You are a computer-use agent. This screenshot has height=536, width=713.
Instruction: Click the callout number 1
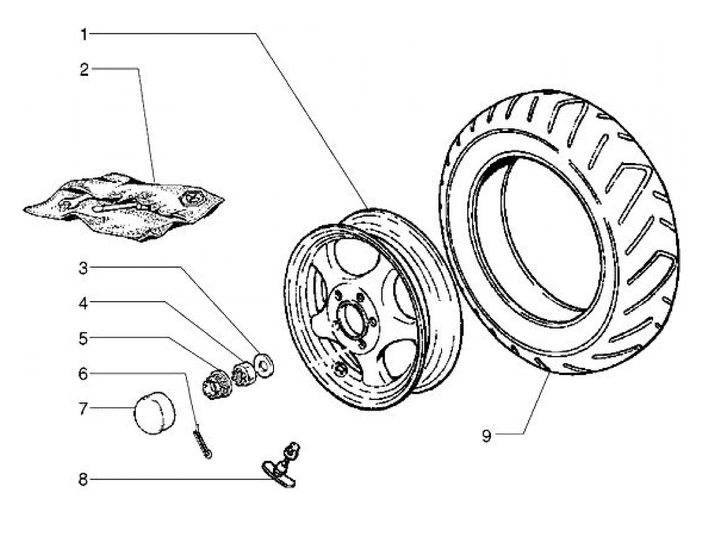(84, 35)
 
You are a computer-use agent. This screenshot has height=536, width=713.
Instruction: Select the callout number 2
(84, 70)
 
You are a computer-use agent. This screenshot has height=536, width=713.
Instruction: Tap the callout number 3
(84, 269)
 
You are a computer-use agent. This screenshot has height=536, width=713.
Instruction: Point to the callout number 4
(84, 304)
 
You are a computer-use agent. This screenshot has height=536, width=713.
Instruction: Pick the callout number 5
(84, 339)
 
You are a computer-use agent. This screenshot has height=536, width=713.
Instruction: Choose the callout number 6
(83, 374)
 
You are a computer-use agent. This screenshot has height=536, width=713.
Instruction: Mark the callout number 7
(84, 409)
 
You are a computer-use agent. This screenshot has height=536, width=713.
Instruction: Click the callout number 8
(83, 479)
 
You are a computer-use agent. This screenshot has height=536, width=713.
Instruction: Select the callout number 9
(486, 436)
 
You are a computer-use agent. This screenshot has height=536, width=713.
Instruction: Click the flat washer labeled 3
(264, 365)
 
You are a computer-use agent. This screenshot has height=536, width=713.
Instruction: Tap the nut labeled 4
(244, 373)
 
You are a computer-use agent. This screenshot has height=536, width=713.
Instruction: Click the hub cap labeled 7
(155, 413)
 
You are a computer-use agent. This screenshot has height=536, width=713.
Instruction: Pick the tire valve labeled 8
(281, 465)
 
